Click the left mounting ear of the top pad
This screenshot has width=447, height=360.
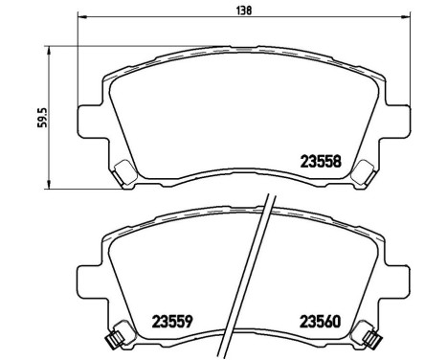89,118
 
